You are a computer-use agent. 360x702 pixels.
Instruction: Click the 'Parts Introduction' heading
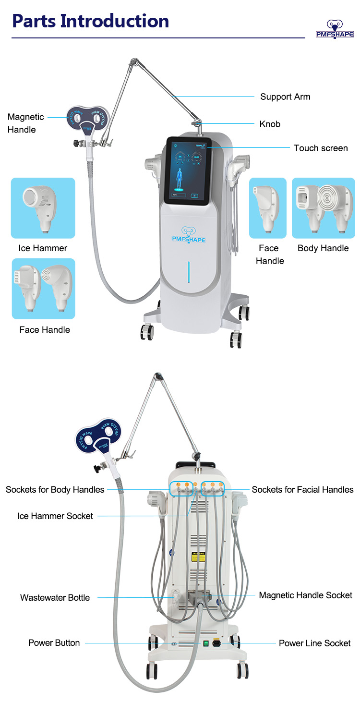click(91, 22)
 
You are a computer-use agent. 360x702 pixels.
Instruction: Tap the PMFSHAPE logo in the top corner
click(334, 29)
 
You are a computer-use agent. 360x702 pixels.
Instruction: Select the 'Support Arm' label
click(285, 97)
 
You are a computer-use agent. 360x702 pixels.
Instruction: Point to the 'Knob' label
click(270, 124)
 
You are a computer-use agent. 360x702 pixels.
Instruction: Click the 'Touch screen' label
click(321, 148)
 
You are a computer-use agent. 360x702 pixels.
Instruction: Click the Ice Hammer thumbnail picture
click(43, 208)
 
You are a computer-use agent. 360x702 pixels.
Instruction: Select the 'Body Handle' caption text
click(323, 248)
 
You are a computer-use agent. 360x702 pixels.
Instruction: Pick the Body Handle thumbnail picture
click(323, 208)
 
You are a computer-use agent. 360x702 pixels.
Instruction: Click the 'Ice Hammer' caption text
click(43, 248)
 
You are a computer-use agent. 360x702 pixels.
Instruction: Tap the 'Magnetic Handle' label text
click(25, 123)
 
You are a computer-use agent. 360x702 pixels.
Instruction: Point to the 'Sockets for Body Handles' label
click(55, 490)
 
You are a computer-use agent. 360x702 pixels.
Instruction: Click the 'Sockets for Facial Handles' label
click(302, 490)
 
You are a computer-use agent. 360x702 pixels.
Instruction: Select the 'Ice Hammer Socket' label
click(55, 516)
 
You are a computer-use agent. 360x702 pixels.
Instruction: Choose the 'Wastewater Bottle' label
click(55, 598)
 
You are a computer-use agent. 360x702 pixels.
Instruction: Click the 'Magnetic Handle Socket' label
click(306, 595)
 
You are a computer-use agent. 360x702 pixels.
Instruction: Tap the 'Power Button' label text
click(54, 643)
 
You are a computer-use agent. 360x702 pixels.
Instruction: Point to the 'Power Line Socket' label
click(314, 643)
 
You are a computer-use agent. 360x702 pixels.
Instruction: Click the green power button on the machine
click(205, 643)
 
